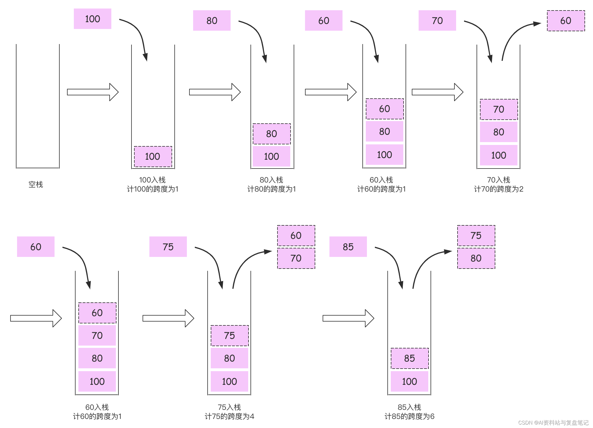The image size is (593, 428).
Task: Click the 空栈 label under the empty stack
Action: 36,184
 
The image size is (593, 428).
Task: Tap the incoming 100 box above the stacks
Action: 93,19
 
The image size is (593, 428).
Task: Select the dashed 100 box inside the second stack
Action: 153,156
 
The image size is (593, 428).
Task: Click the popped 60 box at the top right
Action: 566,21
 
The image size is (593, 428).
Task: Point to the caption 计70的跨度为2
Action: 498,189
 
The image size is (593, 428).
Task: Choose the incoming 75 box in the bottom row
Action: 168,247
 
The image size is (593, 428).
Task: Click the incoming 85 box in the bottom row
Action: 348,247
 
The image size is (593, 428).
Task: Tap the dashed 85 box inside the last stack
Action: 410,358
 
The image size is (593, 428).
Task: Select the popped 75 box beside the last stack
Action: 476,236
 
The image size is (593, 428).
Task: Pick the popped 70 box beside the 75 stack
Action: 296,258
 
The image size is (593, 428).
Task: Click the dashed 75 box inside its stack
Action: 229,336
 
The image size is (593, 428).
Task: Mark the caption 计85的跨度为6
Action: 409,416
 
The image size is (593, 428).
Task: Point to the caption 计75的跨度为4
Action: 229,416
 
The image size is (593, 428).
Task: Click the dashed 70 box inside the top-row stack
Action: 499,109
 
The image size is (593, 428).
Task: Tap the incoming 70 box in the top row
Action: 437,20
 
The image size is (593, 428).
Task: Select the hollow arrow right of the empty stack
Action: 93,92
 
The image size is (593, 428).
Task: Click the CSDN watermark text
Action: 553,423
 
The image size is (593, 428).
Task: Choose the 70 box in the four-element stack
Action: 97,336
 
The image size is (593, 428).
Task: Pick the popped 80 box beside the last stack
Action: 476,258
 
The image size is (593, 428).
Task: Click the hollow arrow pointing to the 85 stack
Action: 348,318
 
